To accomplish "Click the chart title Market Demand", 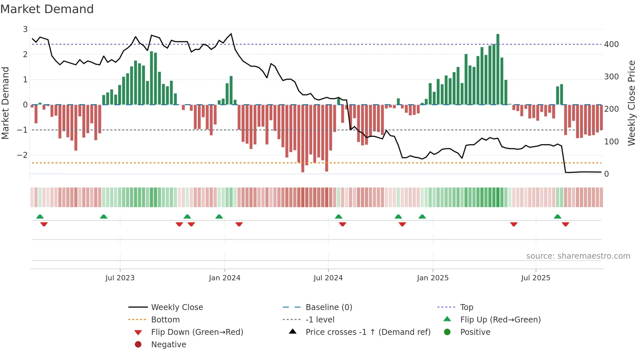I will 47,9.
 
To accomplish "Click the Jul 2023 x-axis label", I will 120,278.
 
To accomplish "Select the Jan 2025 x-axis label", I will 433,278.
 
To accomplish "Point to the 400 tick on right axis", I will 611,44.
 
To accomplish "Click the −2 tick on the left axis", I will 22,155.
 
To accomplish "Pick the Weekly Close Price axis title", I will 632,103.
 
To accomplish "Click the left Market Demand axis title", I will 6,103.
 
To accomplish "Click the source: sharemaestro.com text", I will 578,256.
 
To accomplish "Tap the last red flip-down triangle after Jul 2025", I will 566,224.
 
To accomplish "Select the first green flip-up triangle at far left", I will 40,217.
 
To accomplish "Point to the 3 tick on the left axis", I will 25,29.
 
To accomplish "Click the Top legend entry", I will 466,307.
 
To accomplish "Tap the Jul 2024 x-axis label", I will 328,278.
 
